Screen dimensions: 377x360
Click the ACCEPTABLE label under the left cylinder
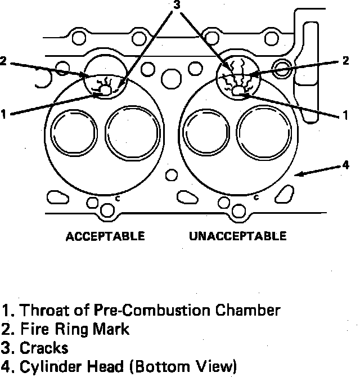click(x=105, y=235)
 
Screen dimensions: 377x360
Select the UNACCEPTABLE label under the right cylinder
click(x=237, y=235)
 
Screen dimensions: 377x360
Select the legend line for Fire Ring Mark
click(x=66, y=329)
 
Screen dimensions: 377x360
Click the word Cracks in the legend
click(x=44, y=347)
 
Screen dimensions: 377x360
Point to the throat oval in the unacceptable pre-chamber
click(x=238, y=91)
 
